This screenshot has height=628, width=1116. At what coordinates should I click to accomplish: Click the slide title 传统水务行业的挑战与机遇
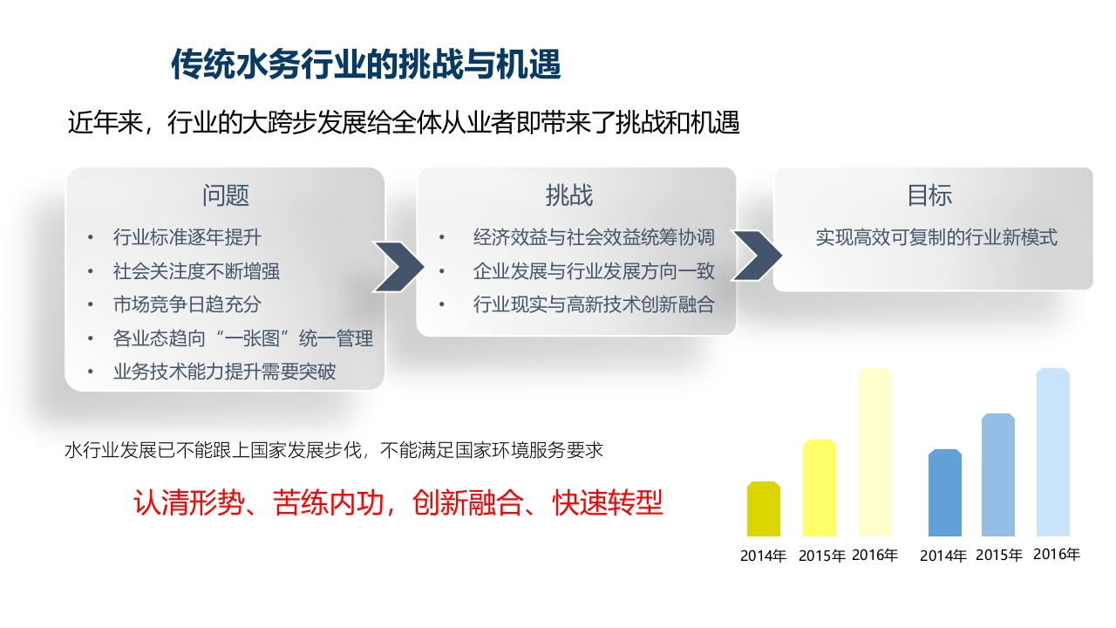(365, 65)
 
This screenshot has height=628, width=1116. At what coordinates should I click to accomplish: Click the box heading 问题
(226, 195)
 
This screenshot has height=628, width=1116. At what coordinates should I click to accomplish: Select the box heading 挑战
(569, 195)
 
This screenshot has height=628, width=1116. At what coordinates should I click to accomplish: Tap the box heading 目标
(929, 195)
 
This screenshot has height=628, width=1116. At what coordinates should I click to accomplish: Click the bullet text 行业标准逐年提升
(187, 237)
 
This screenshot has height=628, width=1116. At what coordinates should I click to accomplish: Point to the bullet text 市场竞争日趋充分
(187, 304)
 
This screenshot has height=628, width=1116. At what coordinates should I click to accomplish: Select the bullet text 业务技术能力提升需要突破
(224, 372)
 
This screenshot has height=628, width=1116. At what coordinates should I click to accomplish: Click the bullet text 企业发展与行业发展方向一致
(594, 271)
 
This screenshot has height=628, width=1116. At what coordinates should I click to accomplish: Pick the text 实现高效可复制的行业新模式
(936, 237)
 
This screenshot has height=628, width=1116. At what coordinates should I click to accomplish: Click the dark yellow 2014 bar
(763, 509)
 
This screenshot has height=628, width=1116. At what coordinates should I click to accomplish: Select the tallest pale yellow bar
(874, 452)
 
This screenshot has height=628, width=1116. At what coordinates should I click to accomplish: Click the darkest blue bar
(944, 493)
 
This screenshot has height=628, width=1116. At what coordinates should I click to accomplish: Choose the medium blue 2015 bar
(998, 475)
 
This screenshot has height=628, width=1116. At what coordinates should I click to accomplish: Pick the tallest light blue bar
(1052, 452)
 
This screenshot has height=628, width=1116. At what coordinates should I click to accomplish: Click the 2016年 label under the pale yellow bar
(874, 555)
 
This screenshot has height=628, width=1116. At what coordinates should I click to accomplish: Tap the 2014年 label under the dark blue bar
(943, 556)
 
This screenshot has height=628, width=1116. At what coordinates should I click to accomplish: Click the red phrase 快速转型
(608, 502)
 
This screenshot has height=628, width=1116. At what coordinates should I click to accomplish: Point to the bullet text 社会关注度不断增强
(196, 271)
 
